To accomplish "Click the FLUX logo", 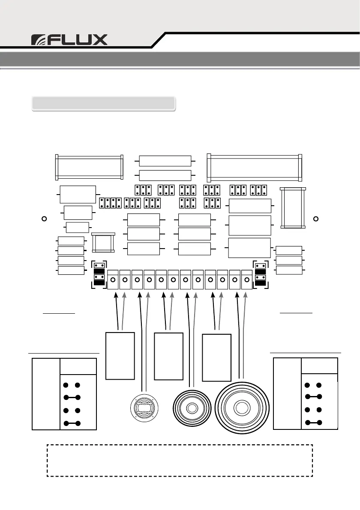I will pyautogui.click(x=69, y=40).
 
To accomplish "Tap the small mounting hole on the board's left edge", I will pyautogui.click(x=44, y=219).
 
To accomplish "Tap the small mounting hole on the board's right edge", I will pyautogui.click(x=316, y=219).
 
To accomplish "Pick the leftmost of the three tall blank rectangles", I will pyautogui.click(x=120, y=355).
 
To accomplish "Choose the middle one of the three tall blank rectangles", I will pyautogui.click(x=168, y=355).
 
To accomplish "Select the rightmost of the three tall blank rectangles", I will pyautogui.click(x=216, y=358).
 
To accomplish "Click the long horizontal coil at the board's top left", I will pyautogui.click(x=90, y=167).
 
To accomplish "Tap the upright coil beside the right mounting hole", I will pyautogui.click(x=293, y=208).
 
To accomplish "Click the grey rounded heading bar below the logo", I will pyautogui.click(x=104, y=104).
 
